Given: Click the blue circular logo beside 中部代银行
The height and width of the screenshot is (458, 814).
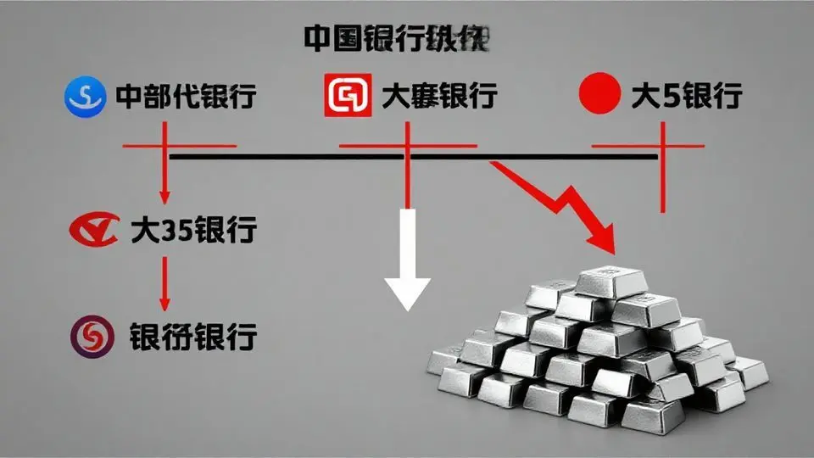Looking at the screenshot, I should coord(83,96).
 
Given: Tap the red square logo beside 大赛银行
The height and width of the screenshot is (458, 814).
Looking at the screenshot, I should coord(348,96).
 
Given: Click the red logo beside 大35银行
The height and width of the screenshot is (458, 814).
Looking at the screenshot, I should coord(93,230).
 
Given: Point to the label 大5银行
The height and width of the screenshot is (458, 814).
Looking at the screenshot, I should coord(687,96).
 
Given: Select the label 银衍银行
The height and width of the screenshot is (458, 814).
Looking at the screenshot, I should coord(193,337).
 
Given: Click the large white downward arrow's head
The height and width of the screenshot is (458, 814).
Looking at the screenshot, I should coord(409,293).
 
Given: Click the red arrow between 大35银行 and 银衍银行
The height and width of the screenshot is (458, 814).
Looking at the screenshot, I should coord(165,284).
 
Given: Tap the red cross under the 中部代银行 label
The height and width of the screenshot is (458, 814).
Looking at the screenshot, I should coord(165,147).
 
